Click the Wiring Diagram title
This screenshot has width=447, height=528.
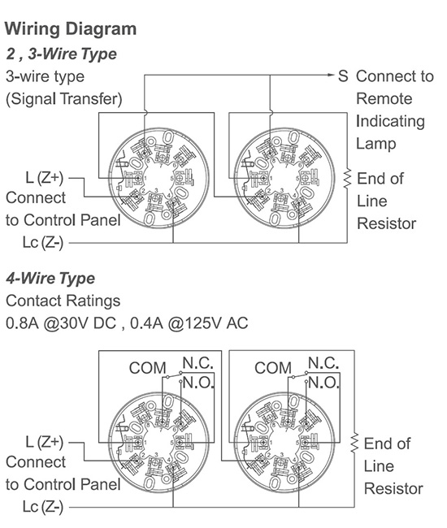pos(71,29)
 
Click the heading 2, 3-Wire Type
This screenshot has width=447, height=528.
pos(61,54)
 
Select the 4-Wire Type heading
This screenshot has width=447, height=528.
pos(50,279)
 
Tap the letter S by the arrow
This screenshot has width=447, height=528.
pos(343,76)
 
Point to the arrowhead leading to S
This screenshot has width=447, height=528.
pos(331,75)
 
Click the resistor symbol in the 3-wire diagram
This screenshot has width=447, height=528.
pos(347,179)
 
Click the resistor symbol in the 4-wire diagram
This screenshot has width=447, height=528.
pos(354,444)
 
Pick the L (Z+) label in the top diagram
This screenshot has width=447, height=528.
pos(45,178)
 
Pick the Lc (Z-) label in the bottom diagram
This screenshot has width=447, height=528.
pos(43,507)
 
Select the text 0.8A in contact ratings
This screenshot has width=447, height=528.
pos(22,323)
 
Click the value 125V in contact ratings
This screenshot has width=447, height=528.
pos(203,323)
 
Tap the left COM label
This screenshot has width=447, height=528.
pos(148,368)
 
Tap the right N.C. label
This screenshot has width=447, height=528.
pos(323,363)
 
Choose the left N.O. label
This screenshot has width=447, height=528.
pos(199,383)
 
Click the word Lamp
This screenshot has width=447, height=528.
pos(376,144)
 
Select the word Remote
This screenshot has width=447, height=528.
pos(384,99)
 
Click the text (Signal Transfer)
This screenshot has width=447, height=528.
pos(64,99)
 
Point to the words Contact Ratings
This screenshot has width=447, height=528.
pos(63,301)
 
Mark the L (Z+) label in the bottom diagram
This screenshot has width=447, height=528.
pos(45,442)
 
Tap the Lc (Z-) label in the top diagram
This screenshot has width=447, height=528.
pos(43,242)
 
